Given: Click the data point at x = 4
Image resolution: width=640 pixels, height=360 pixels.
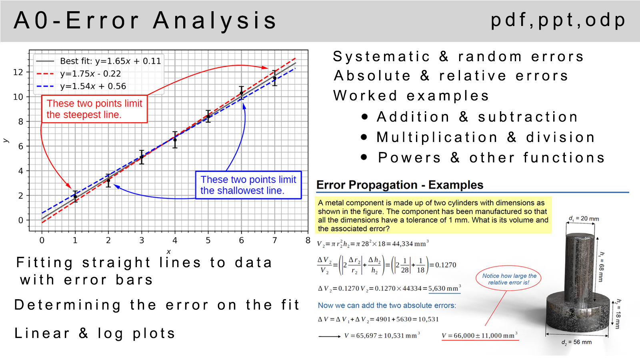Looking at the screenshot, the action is (175, 140).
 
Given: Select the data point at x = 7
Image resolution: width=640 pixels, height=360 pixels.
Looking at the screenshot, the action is (274, 78).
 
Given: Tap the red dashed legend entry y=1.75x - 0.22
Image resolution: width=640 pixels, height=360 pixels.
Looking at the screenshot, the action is (78, 74).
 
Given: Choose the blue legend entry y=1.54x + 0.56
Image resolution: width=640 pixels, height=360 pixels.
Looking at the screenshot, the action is (81, 86).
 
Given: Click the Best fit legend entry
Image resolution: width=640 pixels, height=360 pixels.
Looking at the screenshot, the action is (98, 61).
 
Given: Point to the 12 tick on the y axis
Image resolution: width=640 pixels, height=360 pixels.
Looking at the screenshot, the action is (18, 72).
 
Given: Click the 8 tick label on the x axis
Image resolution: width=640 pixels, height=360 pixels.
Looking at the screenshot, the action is (308, 240).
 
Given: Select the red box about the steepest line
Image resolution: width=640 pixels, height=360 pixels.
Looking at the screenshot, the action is (94, 109).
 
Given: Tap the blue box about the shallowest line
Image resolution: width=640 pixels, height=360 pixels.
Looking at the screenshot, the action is (248, 185).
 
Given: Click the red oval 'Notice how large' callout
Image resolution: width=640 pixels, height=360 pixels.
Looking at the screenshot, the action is (508, 279).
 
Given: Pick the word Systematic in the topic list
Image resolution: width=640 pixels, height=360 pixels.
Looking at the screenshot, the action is (381, 56).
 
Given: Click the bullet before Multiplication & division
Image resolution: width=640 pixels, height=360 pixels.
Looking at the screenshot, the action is (364, 137).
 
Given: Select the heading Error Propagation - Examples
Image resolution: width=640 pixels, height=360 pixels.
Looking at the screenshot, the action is (400, 185).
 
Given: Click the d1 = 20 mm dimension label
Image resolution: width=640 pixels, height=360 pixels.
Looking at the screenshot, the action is (584, 219).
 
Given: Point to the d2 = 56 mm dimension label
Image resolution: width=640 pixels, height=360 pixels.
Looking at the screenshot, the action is (576, 342).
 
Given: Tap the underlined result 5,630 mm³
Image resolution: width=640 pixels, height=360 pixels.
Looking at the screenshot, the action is (444, 288).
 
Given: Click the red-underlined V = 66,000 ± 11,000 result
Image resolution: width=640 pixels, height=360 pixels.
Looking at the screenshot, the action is (480, 336).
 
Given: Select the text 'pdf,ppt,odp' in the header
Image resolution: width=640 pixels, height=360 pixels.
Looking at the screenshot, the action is (558, 20).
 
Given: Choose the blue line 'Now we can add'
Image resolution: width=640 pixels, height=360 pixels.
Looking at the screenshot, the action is (387, 306).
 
